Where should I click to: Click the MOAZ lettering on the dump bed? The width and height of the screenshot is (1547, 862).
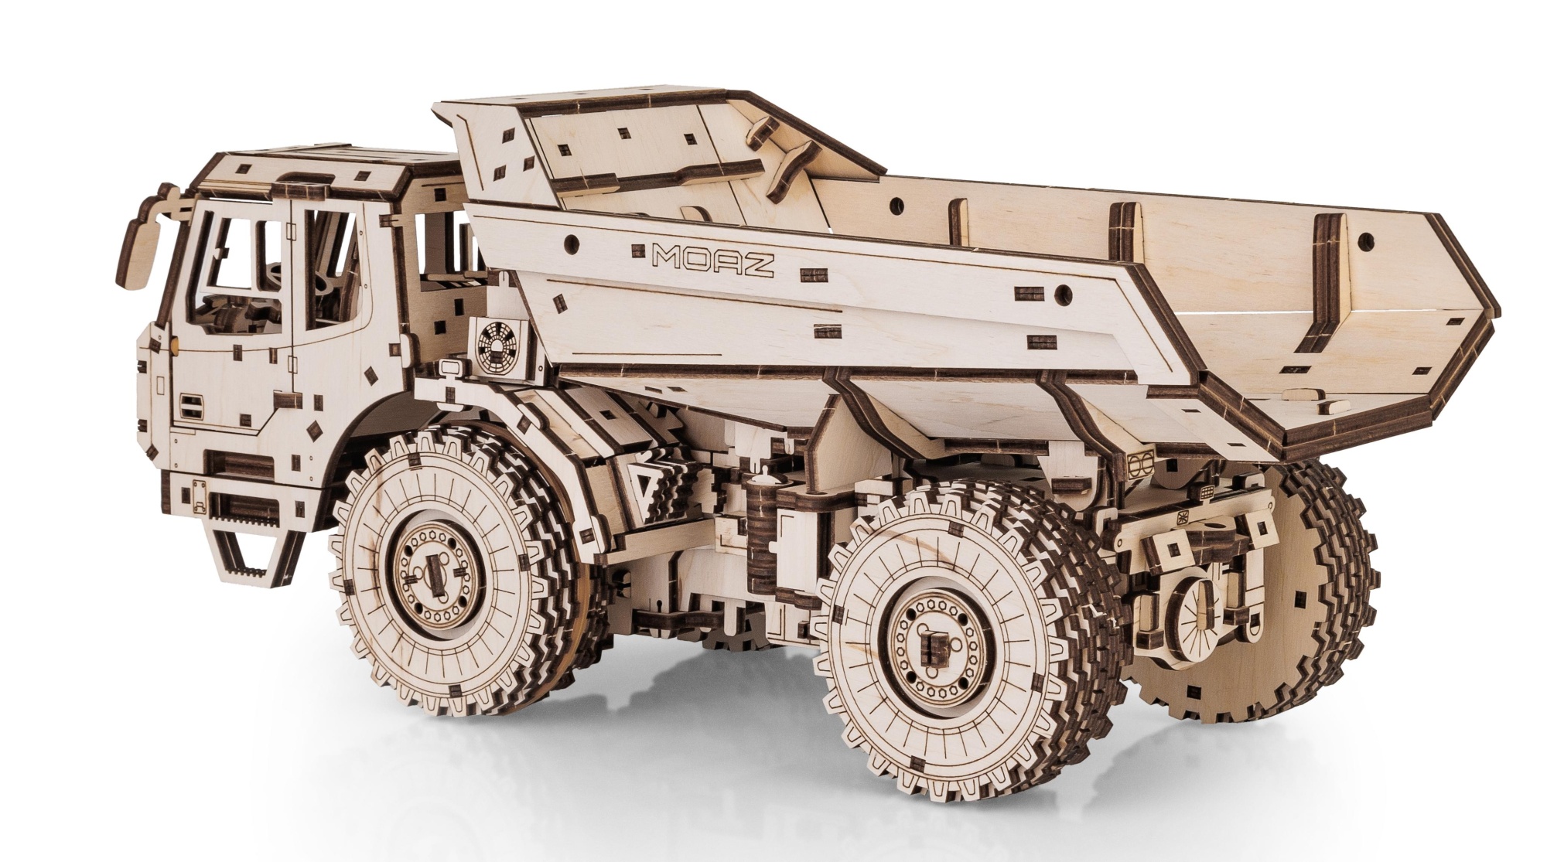point(712,261)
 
